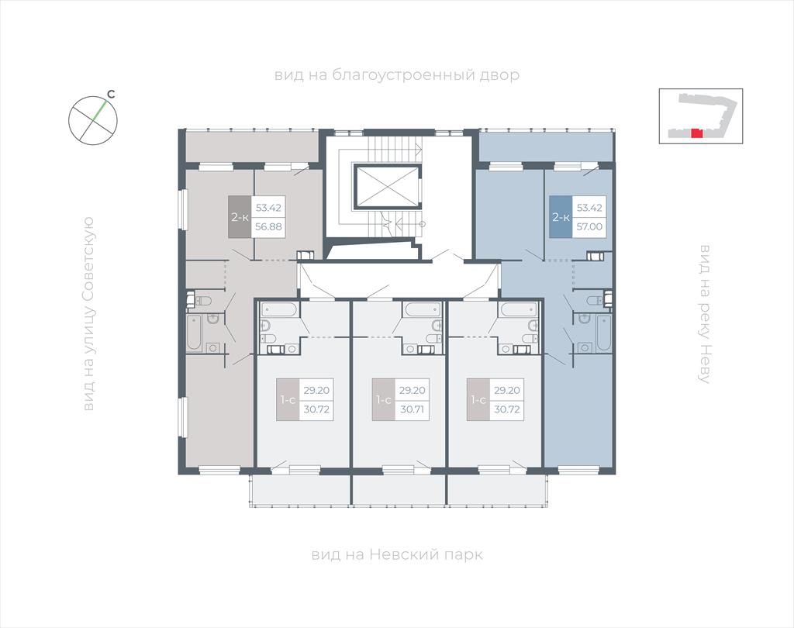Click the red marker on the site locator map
(697, 133)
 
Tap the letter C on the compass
(112, 94)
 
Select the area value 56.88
(268, 226)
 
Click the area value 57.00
(589, 226)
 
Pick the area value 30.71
(413, 409)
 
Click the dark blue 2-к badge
(561, 217)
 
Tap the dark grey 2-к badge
(240, 217)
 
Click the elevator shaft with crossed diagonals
(388, 186)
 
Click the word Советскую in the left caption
(88, 259)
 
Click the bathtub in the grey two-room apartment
(194, 333)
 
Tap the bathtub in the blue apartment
(604, 333)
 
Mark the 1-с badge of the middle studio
(383, 399)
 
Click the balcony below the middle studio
(399, 490)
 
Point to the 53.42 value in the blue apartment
(589, 208)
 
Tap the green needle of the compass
(100, 111)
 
